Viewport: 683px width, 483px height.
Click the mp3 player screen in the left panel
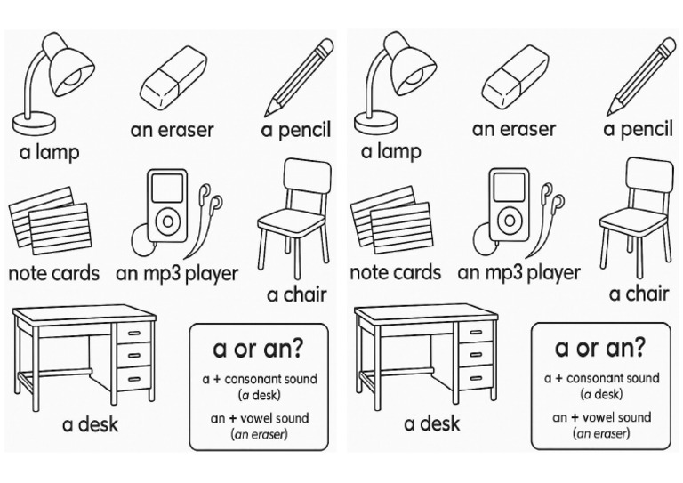pyautogui.click(x=166, y=188)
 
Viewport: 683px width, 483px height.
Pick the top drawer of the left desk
pyautogui.click(x=133, y=332)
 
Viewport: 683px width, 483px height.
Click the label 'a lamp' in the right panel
pyautogui.click(x=390, y=151)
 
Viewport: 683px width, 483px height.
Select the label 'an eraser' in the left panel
pyautogui.click(x=172, y=130)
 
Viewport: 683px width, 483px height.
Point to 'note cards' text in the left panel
pyautogui.click(x=53, y=272)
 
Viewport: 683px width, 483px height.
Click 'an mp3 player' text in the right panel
pyautogui.click(x=518, y=272)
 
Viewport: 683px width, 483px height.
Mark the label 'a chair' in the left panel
pyautogui.click(x=296, y=294)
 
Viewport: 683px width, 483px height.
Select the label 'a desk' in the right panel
pyautogui.click(x=431, y=423)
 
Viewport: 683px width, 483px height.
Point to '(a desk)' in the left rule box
pyautogui.click(x=259, y=394)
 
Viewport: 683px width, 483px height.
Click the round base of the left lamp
pyautogui.click(x=35, y=122)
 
